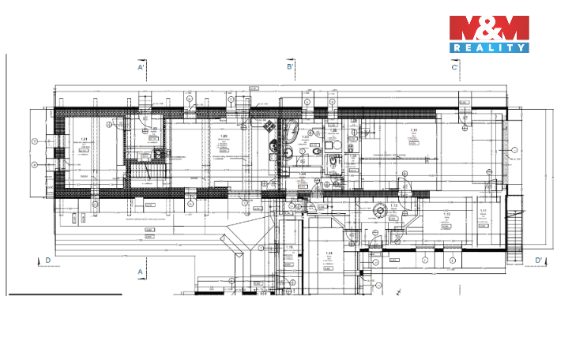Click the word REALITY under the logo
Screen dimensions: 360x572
click(x=488, y=47)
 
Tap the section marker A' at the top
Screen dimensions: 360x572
click(x=141, y=68)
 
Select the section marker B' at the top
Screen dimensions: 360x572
click(x=290, y=68)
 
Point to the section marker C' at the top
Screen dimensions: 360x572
click(x=455, y=68)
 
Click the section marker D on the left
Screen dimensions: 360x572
click(x=47, y=260)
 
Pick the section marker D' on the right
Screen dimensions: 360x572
click(x=538, y=260)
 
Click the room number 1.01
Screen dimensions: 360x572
click(x=83, y=139)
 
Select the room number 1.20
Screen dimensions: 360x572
click(x=224, y=136)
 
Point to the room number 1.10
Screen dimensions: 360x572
click(x=412, y=129)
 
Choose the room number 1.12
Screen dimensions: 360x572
click(x=446, y=214)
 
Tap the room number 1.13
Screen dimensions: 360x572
click(x=393, y=206)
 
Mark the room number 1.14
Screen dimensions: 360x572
click(x=329, y=253)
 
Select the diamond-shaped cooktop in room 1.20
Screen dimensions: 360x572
click(x=269, y=126)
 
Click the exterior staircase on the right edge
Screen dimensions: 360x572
click(x=517, y=233)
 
